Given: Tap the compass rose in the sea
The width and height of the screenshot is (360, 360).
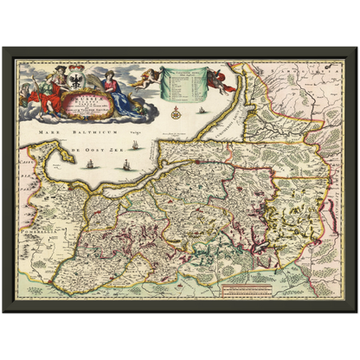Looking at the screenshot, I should click(x=177, y=111).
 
